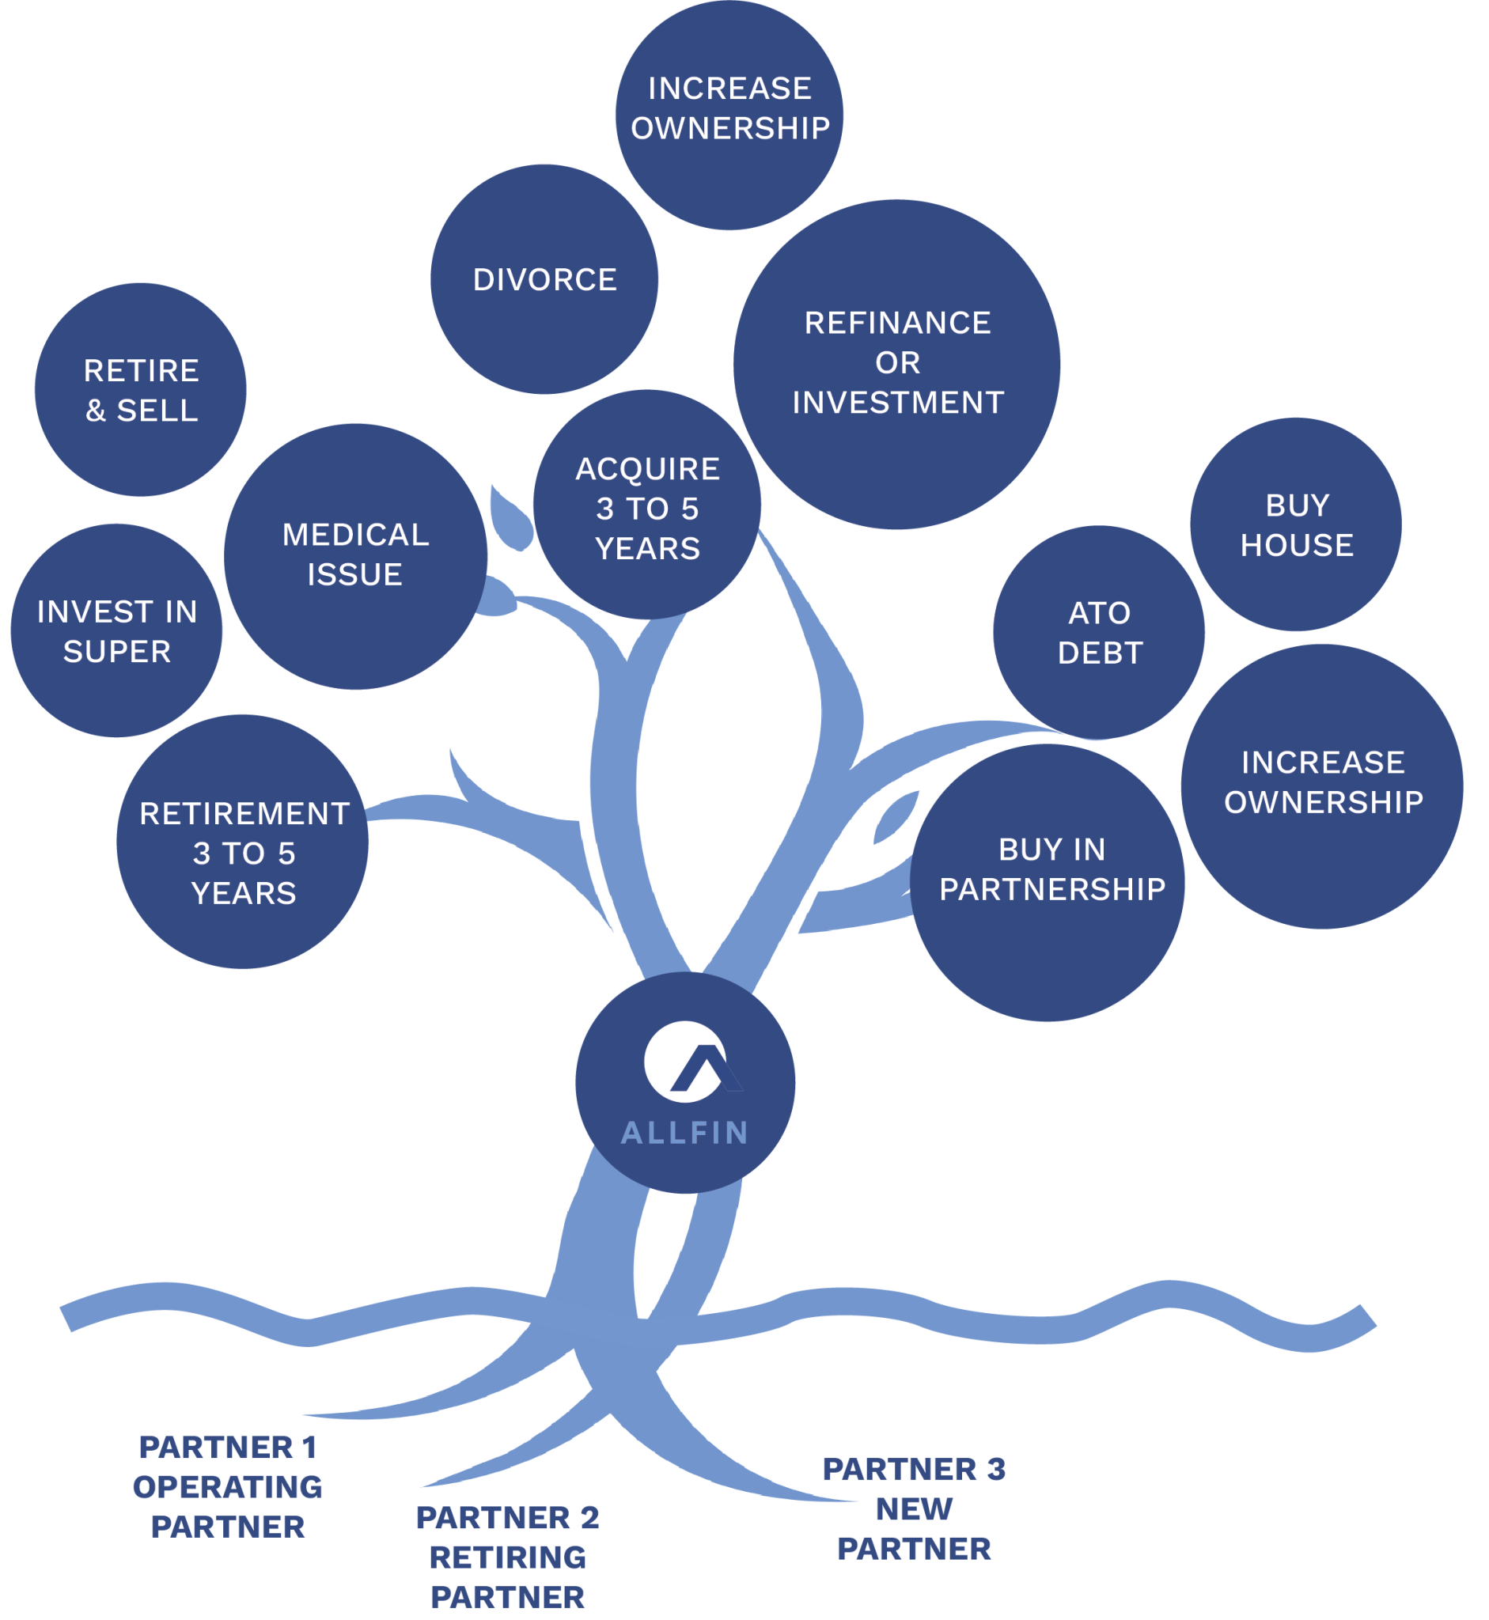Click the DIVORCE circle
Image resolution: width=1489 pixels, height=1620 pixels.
[544, 279]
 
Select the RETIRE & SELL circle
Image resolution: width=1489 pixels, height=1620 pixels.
[141, 390]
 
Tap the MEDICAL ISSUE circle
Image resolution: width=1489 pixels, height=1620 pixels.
[355, 556]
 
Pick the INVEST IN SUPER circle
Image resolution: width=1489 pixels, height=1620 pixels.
[117, 630]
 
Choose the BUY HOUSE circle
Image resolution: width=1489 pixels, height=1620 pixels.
[1297, 524]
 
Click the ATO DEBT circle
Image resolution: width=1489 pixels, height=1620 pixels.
[1099, 632]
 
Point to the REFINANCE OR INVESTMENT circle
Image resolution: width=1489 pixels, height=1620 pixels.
[896, 364]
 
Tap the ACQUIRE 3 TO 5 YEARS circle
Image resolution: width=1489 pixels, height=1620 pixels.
[647, 508]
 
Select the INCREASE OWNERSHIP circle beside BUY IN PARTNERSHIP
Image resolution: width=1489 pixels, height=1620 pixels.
[1322, 785]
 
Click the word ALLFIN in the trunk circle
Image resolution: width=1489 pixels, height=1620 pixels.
[685, 1133]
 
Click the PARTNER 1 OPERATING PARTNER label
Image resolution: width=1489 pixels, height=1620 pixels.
[228, 1486]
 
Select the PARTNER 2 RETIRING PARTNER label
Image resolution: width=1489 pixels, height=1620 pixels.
[508, 1557]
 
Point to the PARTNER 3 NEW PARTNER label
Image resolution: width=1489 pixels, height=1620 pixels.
[915, 1508]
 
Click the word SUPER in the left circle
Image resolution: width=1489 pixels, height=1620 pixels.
[118, 652]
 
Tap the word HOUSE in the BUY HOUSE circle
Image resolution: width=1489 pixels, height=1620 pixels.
[1298, 545]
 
